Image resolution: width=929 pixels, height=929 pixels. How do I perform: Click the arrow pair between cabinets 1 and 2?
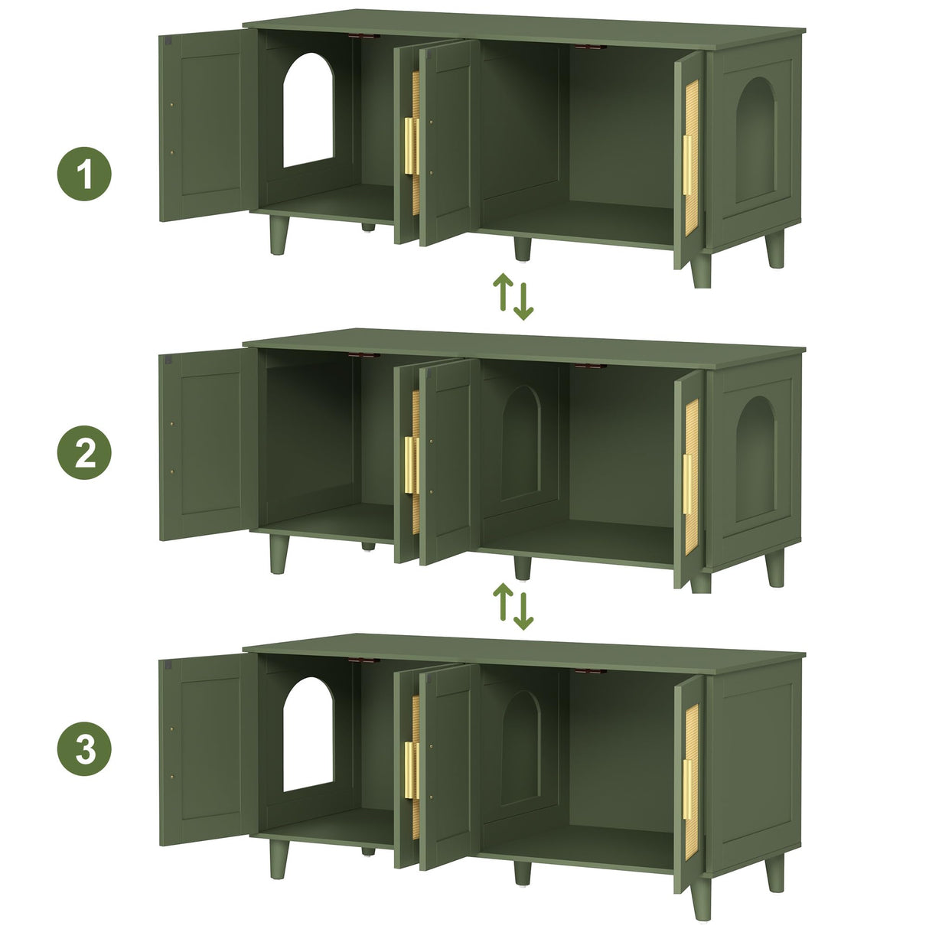513,296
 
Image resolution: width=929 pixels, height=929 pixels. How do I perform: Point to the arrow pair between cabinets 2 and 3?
513,605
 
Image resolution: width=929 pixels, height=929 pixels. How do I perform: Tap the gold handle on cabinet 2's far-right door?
687,491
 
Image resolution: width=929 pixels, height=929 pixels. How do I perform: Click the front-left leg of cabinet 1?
279,234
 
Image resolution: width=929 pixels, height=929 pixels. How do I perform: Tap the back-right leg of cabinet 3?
775,872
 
